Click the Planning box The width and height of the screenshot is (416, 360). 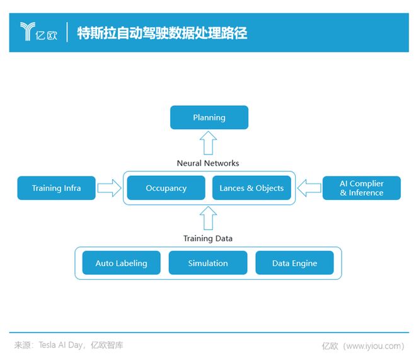(x=209, y=117)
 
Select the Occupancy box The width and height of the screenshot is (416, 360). (x=166, y=188)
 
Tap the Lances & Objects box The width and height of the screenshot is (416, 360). (x=251, y=188)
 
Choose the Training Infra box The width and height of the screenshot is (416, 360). (x=57, y=188)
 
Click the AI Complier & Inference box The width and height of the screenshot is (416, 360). (x=361, y=188)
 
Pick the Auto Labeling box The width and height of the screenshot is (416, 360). (x=121, y=263)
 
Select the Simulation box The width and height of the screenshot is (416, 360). (x=208, y=263)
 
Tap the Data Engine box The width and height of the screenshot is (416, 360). (x=294, y=263)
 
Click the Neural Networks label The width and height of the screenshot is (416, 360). (x=208, y=163)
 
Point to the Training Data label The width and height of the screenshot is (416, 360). (x=208, y=238)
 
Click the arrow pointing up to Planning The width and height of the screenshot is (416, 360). (x=209, y=142)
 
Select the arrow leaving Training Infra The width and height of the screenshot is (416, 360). (x=109, y=188)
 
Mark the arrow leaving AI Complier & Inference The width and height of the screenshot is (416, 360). (x=309, y=188)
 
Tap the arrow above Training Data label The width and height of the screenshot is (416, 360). (x=209, y=218)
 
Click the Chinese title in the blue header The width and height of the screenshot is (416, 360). (x=161, y=33)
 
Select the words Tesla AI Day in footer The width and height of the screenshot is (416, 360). (x=62, y=345)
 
